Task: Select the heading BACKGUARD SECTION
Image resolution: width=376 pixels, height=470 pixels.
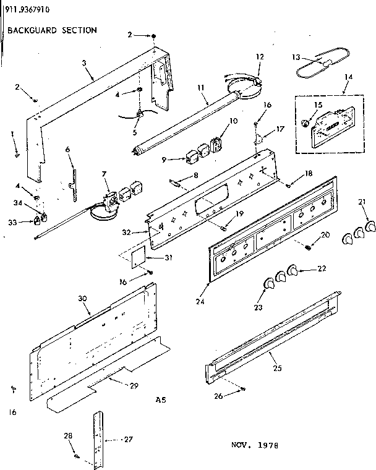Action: pos(52,30)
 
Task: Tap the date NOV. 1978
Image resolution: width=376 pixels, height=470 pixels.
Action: pos(255,445)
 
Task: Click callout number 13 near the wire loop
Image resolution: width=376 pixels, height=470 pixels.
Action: pos(296,57)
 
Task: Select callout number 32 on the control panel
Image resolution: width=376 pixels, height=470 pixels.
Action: pos(144,233)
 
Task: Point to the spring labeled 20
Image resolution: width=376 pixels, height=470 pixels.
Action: pos(307,247)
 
